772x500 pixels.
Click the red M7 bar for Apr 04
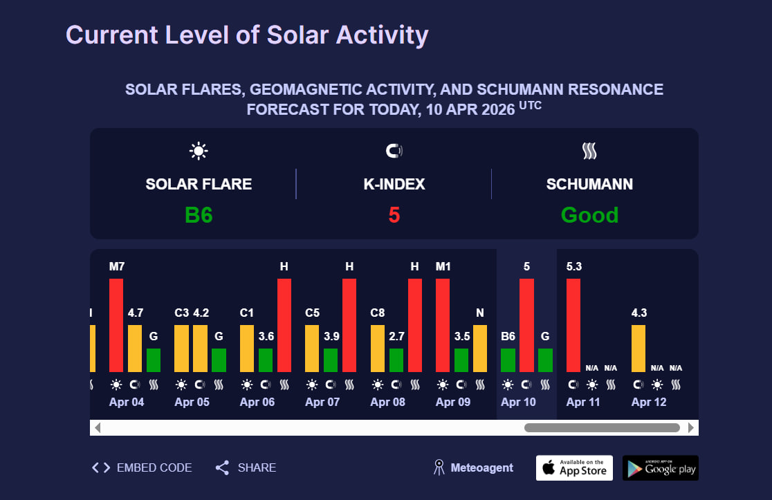click(x=116, y=325)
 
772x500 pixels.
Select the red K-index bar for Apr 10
click(x=526, y=325)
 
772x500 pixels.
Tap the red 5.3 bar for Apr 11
click(x=573, y=325)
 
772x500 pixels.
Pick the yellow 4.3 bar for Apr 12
click(x=638, y=348)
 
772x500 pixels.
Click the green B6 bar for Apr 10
click(x=508, y=360)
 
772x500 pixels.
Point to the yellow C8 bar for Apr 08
click(x=378, y=348)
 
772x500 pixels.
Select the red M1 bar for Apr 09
click(x=443, y=325)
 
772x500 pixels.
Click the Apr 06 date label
click(x=257, y=402)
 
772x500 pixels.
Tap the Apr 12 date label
click(x=649, y=402)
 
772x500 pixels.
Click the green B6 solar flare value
click(x=199, y=215)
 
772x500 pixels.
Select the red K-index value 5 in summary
click(x=394, y=215)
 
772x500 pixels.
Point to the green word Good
click(x=589, y=215)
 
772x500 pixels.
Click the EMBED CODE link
click(x=143, y=467)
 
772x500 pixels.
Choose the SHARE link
click(x=246, y=467)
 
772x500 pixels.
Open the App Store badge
click(x=574, y=468)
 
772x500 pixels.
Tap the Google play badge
click(x=661, y=468)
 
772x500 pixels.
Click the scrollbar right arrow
click(x=691, y=428)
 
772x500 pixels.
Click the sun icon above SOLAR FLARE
click(x=199, y=151)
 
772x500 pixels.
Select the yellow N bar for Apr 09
click(x=480, y=348)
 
